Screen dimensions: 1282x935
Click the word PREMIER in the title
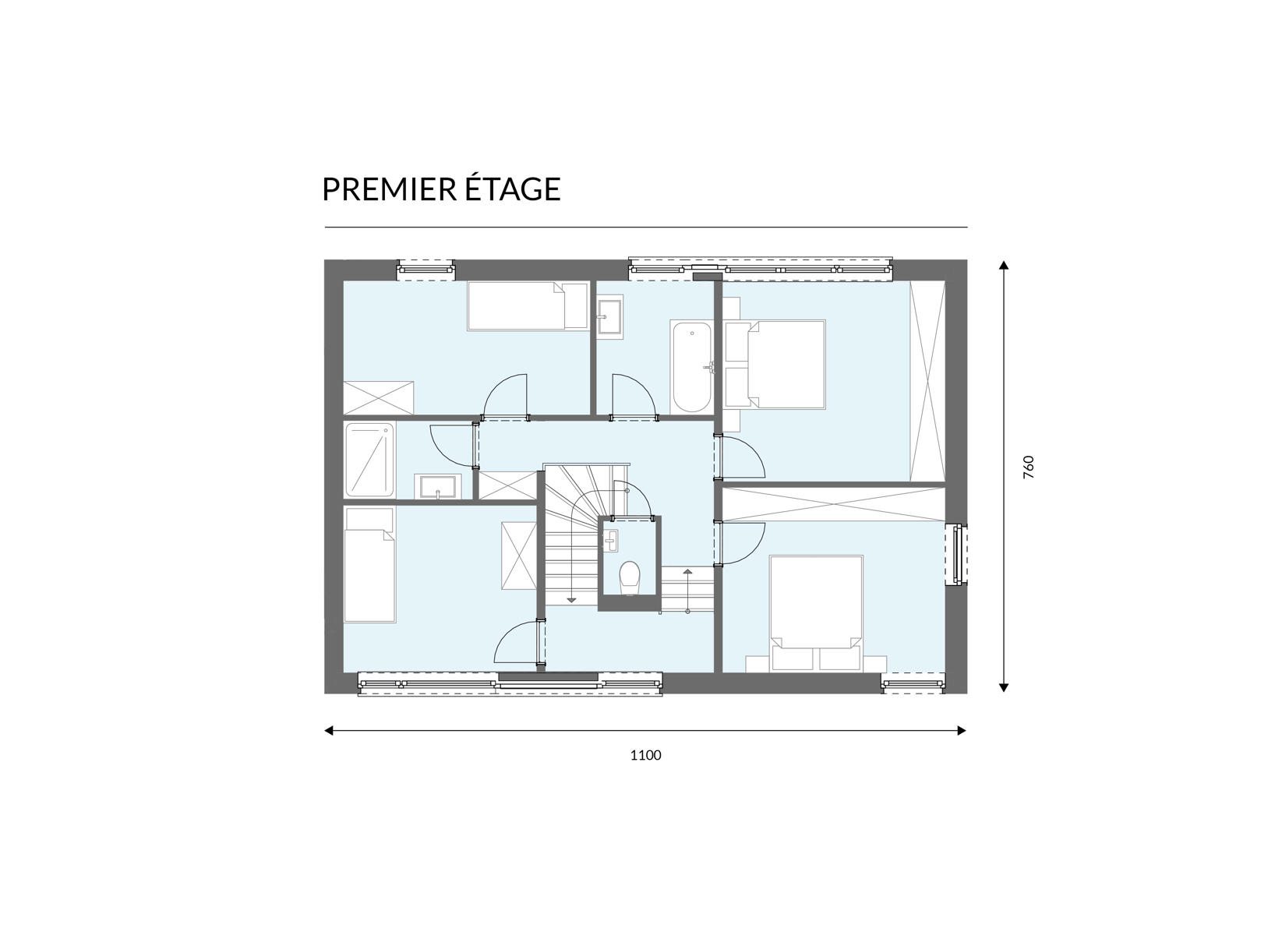coord(389,189)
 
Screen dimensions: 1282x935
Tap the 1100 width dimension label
coord(645,755)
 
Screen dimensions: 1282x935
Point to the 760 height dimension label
coord(1029,467)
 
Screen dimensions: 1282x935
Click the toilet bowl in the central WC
coord(630,577)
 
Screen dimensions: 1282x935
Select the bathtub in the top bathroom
coord(692,367)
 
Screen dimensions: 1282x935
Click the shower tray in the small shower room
coord(369,460)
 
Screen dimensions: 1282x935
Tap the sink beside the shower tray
coord(438,487)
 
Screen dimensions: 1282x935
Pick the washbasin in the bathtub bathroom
coord(609,317)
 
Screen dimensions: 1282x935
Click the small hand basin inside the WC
coord(611,540)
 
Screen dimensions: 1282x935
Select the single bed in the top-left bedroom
coord(528,306)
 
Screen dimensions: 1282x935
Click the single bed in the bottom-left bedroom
coord(369,564)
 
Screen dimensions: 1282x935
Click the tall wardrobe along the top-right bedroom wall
coord(927,381)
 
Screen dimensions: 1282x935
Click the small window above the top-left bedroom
coord(426,270)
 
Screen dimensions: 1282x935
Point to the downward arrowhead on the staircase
coord(570,600)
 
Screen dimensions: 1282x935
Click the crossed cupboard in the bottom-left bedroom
coord(518,555)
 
